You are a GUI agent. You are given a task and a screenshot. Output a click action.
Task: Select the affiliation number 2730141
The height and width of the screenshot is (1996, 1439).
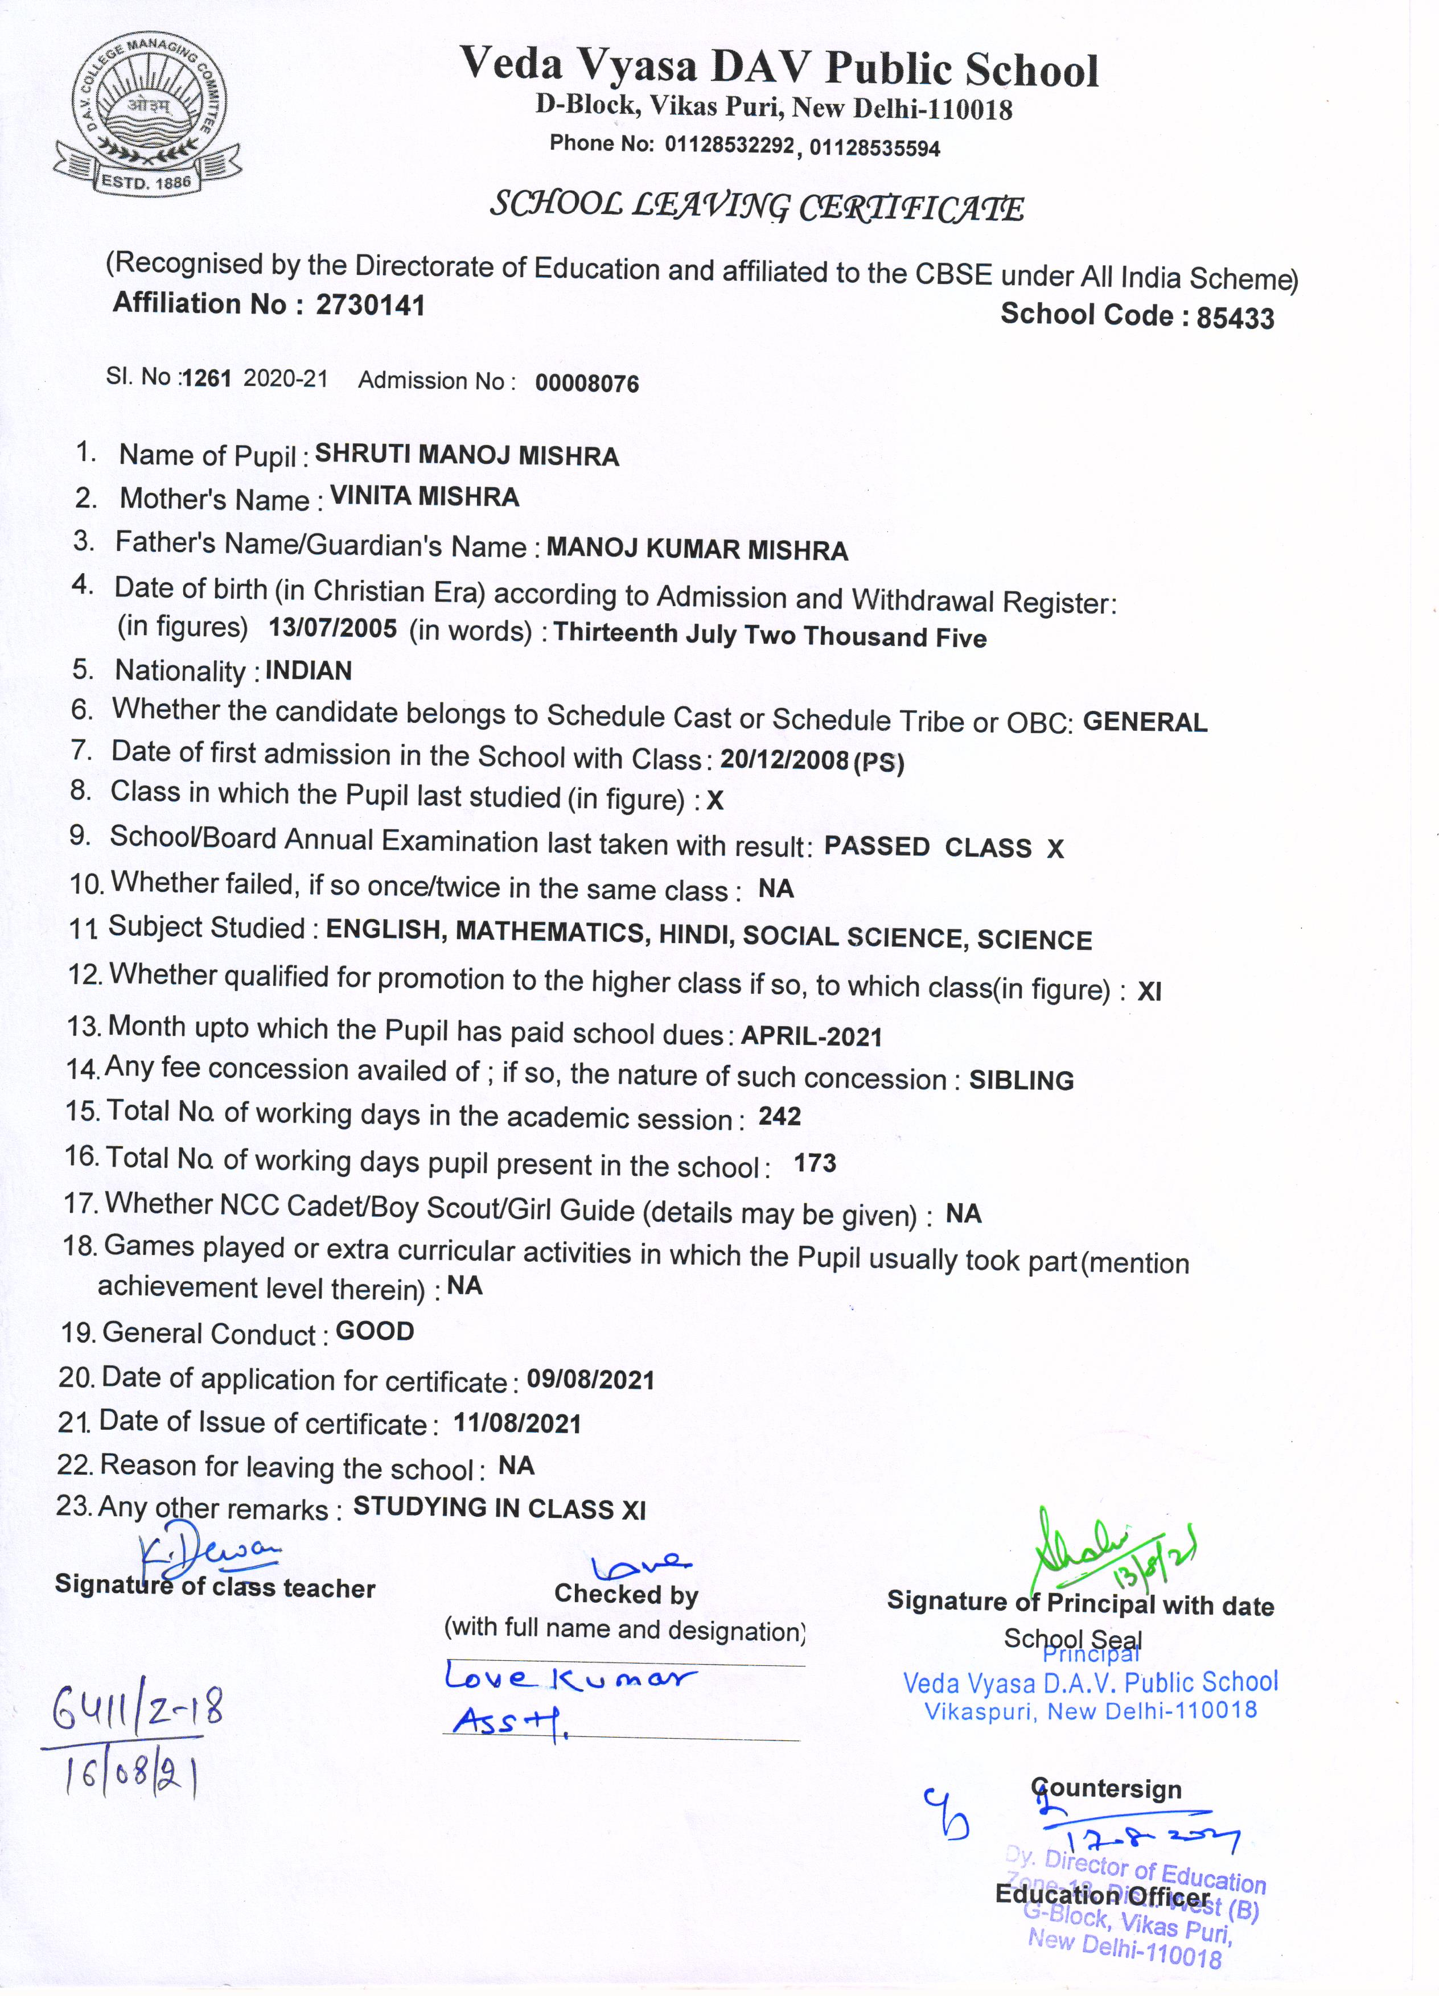[x=371, y=304]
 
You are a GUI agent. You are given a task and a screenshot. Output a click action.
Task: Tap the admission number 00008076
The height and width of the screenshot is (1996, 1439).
[x=587, y=383]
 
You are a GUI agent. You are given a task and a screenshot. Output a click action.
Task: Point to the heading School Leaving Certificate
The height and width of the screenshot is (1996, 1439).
[x=757, y=207]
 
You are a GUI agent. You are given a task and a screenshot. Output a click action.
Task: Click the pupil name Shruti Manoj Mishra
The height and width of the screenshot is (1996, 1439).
[x=466, y=455]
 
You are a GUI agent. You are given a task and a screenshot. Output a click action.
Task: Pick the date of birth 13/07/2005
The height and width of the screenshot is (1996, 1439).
[x=332, y=628]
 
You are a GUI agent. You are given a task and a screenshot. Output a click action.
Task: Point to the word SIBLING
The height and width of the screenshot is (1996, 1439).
[x=1021, y=1080]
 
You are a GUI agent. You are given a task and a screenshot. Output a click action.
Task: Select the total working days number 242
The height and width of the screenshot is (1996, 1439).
[x=780, y=1117]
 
